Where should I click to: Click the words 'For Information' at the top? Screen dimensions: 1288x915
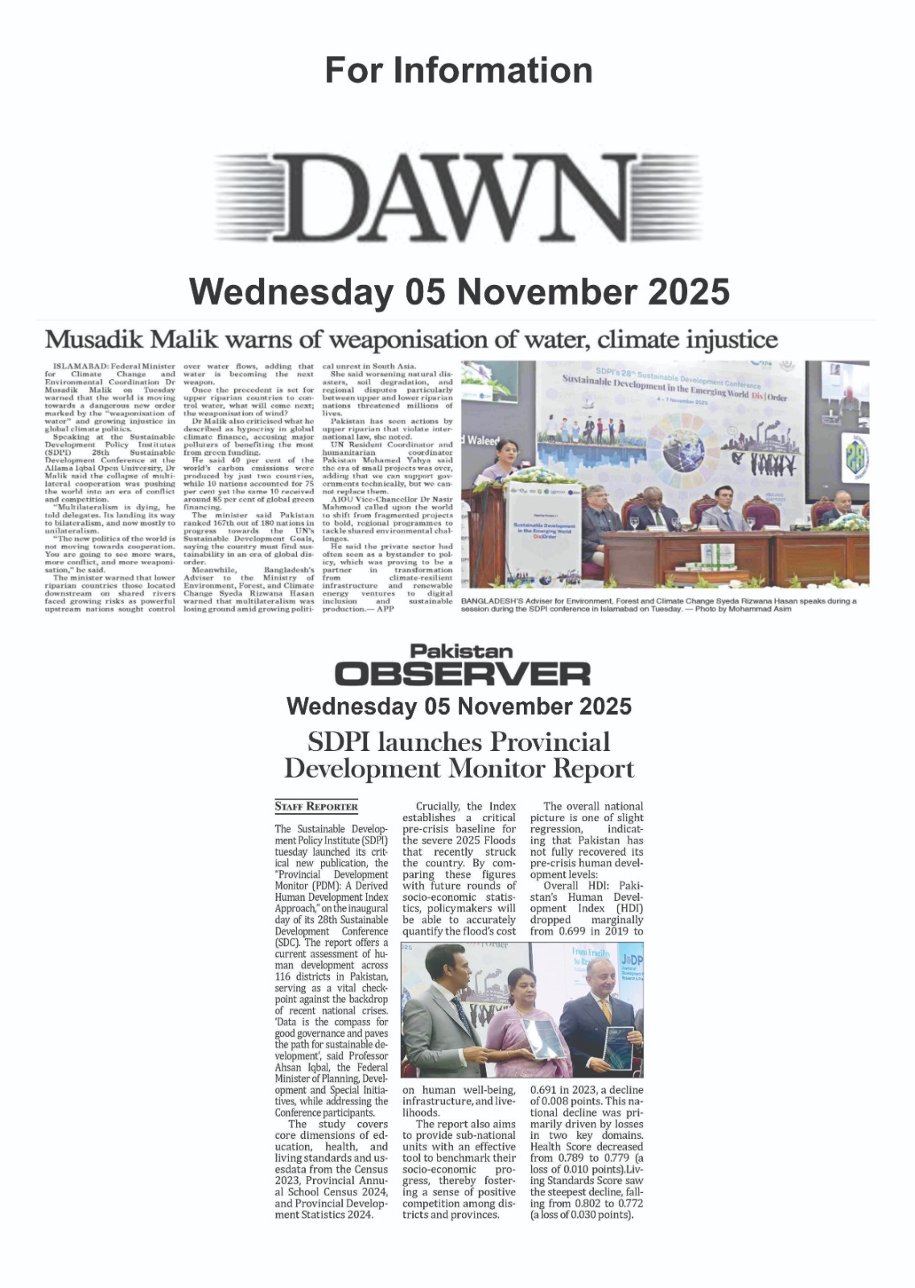point(458,71)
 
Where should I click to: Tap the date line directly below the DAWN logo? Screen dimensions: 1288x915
point(458,291)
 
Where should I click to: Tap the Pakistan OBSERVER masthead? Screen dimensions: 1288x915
point(462,665)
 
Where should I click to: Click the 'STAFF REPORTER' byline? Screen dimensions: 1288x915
point(316,806)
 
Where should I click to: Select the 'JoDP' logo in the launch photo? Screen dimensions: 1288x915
point(631,960)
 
